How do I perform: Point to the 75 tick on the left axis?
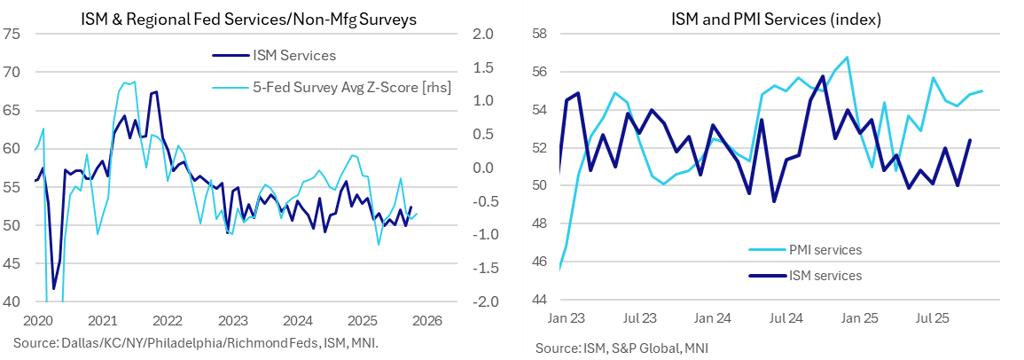[12, 34]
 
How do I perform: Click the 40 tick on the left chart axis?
[12, 301]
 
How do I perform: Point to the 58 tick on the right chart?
[541, 34]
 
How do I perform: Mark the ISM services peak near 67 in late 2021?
[156, 92]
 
